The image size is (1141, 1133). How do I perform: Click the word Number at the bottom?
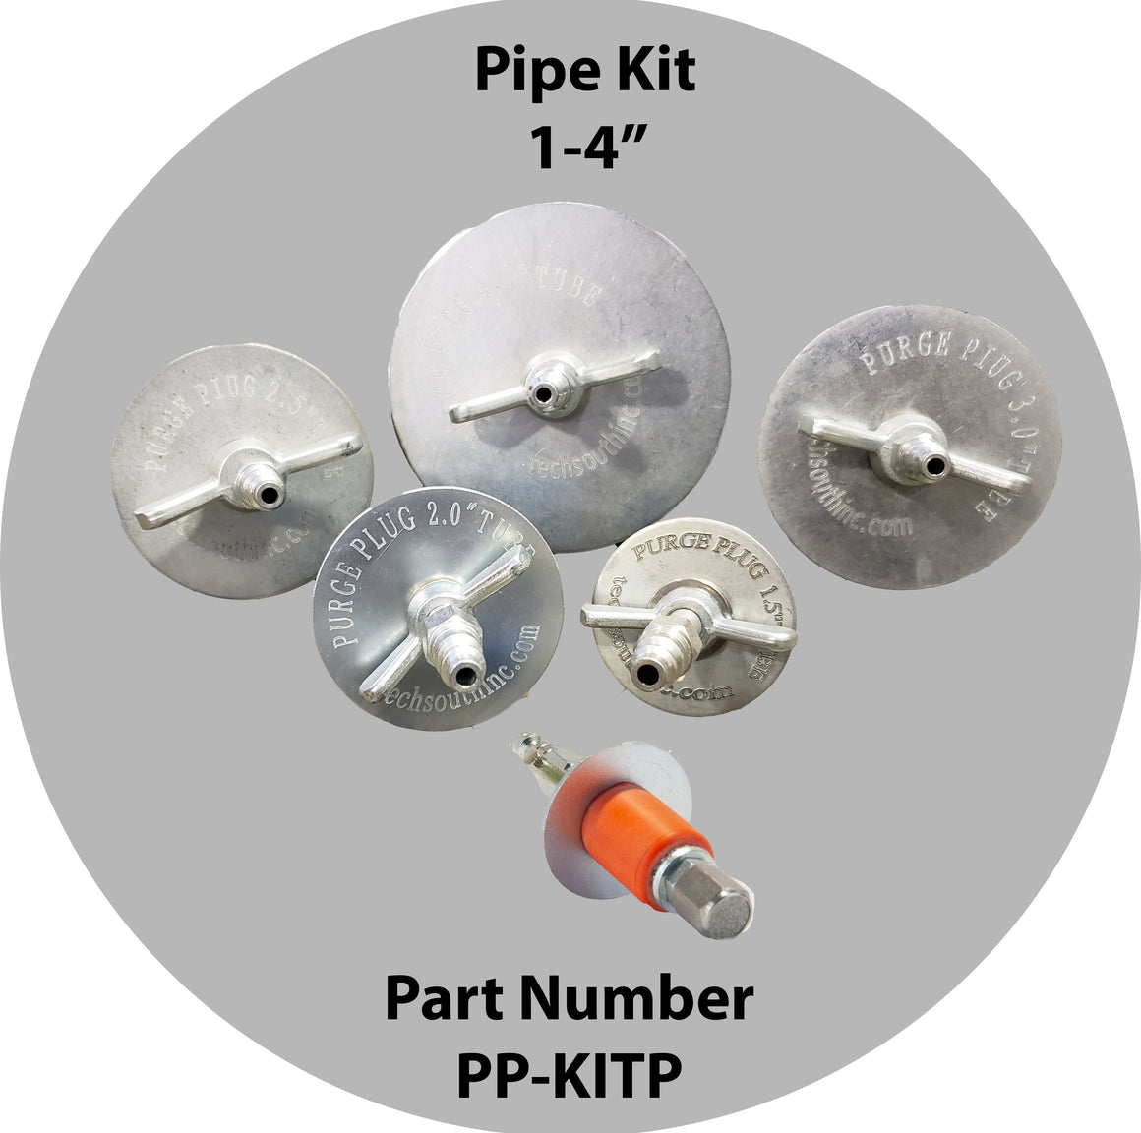click(x=650, y=1000)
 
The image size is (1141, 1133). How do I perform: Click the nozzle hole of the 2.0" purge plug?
click(x=461, y=676)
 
